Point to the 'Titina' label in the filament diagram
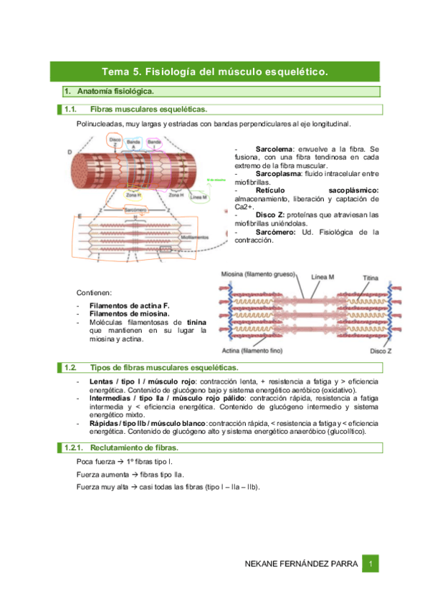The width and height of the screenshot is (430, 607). (x=371, y=277)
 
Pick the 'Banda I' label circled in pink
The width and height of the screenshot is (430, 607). (x=153, y=144)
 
